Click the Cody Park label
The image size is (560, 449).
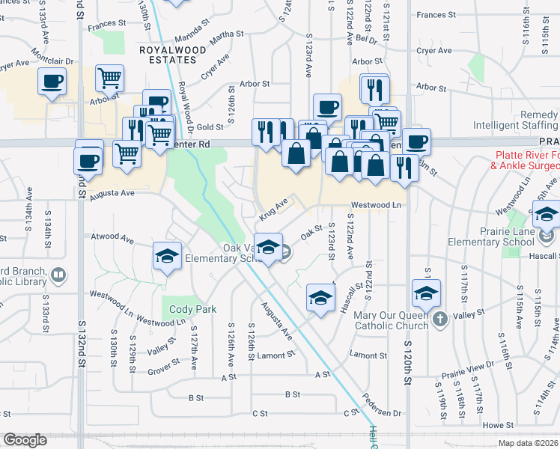point(193,309)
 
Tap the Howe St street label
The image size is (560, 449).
point(497,425)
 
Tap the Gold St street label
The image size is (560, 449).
point(210,127)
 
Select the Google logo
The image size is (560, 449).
point(25,441)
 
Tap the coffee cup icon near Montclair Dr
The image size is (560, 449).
point(52,82)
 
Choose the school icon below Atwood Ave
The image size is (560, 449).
point(167,256)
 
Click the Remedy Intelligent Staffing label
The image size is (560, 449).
point(524,120)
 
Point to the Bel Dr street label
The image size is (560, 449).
point(366,37)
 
